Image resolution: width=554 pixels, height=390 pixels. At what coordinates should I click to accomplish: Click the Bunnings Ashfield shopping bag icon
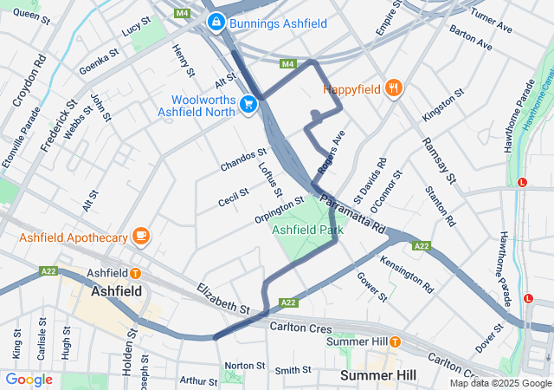point(216,23)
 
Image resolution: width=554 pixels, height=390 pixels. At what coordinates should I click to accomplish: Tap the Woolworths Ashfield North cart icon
point(248,104)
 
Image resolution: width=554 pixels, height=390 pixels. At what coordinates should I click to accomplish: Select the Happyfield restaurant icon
point(393,88)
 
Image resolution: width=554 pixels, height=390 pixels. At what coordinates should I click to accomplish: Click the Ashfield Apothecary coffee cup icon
point(140,235)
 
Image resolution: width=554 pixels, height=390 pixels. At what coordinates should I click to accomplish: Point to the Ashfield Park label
point(307,231)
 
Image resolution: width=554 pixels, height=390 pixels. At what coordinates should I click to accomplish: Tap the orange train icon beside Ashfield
point(136,273)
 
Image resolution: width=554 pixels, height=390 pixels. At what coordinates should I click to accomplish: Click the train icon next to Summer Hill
point(394,341)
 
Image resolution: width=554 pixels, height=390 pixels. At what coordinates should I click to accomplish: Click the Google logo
point(29,379)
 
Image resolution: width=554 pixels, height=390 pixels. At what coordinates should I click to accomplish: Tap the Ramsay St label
point(439,160)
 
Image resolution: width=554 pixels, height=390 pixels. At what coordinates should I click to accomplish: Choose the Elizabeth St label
point(222,298)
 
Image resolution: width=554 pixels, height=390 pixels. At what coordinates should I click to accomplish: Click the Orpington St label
point(280,208)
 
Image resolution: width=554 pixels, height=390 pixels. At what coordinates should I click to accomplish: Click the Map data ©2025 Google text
point(499,382)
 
